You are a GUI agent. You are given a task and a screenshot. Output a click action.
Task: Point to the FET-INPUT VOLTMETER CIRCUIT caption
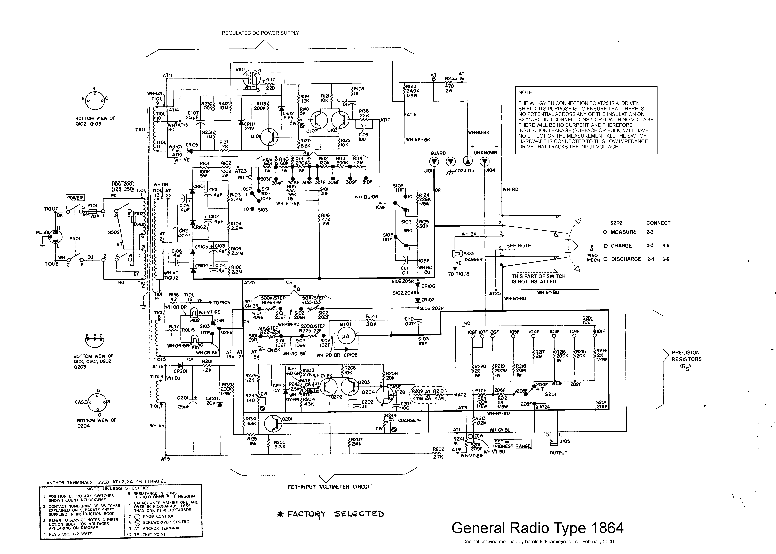pyautogui.click(x=330, y=487)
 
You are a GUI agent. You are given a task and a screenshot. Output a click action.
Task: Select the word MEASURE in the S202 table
pyautogui.click(x=623, y=232)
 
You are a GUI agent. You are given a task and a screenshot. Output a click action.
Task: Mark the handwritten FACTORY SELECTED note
pyautogui.click(x=331, y=514)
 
